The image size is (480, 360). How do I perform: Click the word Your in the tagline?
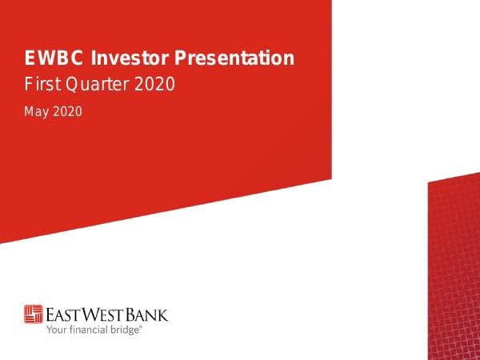(x=56, y=328)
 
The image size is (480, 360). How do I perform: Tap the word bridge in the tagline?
(x=126, y=328)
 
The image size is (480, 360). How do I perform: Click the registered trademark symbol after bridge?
(x=142, y=326)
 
